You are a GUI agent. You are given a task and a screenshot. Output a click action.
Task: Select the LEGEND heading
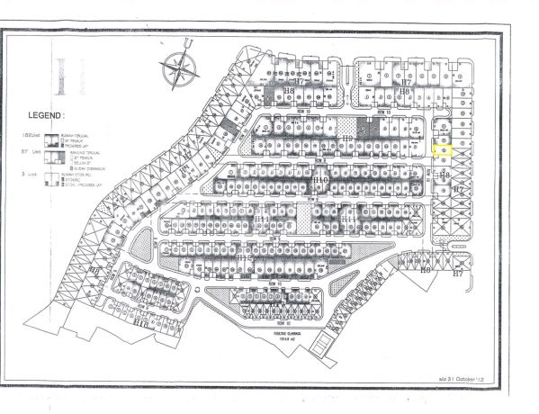click(44, 116)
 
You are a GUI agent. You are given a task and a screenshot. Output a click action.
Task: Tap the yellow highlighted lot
click(442, 152)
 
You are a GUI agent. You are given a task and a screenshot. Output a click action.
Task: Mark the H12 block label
click(244, 257)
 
